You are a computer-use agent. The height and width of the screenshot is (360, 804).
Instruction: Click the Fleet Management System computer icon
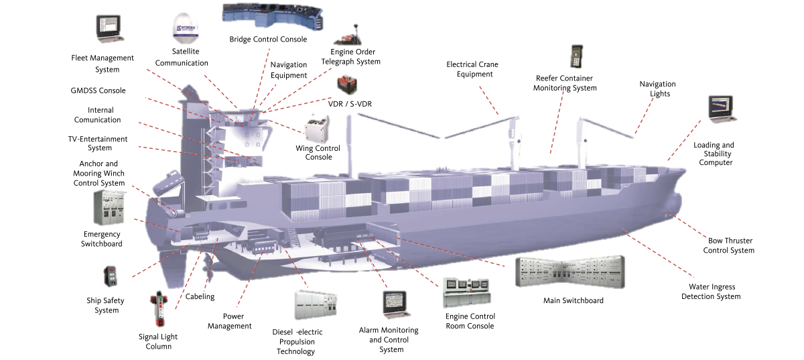tap(110, 29)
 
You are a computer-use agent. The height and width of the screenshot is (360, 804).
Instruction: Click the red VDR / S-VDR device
tap(347, 85)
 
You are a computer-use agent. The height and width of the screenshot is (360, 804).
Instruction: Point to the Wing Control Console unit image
tap(317, 129)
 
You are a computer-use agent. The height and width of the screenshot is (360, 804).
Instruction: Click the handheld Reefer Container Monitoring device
tap(576, 56)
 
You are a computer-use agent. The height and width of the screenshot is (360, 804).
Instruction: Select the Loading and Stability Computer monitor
tap(722, 109)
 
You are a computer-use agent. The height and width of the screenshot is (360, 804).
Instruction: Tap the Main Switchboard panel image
tap(570, 272)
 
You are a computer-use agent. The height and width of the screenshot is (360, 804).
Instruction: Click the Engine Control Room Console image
tap(466, 292)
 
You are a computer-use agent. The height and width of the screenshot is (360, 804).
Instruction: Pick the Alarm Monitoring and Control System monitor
tap(395, 304)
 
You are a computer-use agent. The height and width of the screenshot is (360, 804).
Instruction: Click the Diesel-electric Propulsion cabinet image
tap(316, 305)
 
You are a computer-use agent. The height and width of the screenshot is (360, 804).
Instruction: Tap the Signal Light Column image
tap(159, 309)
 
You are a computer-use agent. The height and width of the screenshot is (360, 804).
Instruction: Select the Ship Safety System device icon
tap(111, 276)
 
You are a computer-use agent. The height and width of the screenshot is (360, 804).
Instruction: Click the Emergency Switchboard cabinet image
tap(109, 208)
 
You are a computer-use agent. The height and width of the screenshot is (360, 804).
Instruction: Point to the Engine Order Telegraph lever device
tap(348, 36)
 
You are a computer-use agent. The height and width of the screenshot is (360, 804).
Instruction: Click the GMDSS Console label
tap(98, 91)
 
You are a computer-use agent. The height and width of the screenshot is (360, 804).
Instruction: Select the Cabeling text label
tap(200, 296)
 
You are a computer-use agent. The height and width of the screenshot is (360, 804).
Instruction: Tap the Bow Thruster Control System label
tap(729, 245)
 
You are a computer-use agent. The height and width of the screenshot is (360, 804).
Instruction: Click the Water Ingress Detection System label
tap(711, 292)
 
